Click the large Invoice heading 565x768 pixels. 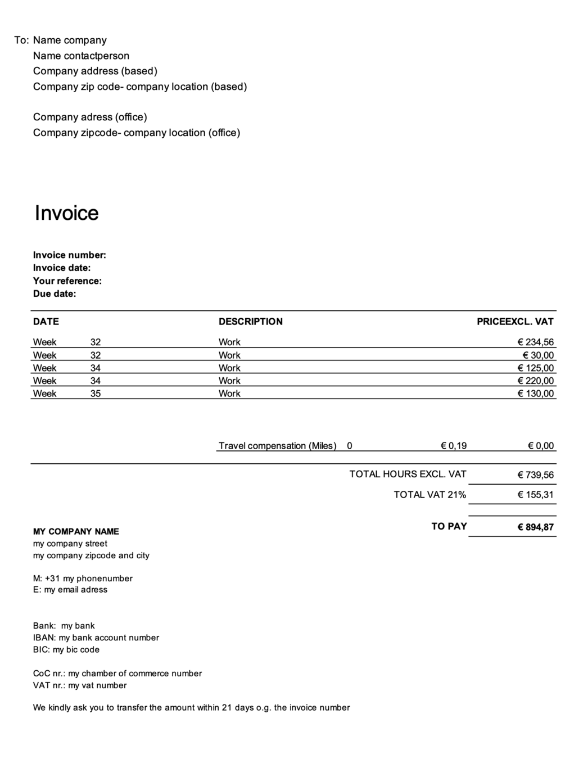coord(66,213)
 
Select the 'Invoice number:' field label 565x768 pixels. coord(69,255)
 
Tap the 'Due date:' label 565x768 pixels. coord(54,294)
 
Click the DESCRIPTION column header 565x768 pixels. coord(250,322)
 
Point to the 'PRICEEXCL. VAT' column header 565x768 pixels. coord(515,322)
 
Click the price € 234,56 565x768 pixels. coord(535,342)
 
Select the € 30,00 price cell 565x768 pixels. coord(538,355)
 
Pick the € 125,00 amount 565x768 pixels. coord(535,368)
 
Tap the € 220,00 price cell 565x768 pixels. coord(535,381)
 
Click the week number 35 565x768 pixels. coord(96,394)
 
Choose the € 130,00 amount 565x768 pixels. coord(535,394)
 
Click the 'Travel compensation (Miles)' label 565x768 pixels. coord(277,446)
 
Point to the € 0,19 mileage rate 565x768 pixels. coord(454,446)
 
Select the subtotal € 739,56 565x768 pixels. coord(535,475)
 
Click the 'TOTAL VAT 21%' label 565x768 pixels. coord(430,495)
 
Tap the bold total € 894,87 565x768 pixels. coord(535,527)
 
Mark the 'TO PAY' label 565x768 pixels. coord(449,526)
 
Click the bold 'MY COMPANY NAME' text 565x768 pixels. coord(76,531)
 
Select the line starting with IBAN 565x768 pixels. coord(96,638)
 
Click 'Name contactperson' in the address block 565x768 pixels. coord(81,56)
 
